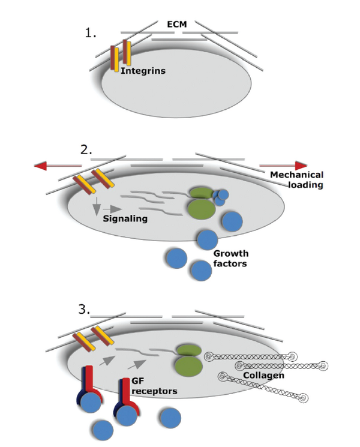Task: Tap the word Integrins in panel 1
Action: point(143,70)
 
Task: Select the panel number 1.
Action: point(91,32)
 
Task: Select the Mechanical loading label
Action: point(296,180)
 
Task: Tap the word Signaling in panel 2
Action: point(126,218)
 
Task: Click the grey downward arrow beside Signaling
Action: point(95,210)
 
